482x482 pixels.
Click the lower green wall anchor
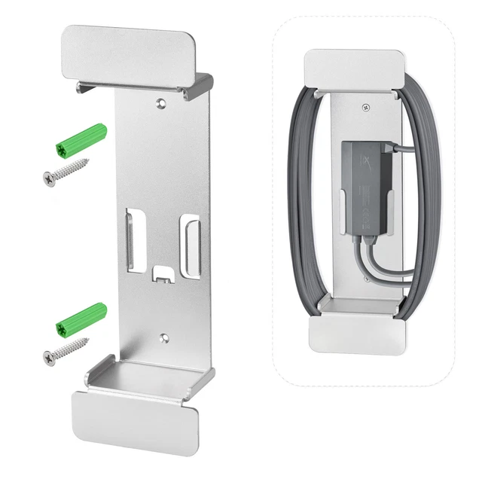coord(81,320)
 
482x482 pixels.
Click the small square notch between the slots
coord(161,272)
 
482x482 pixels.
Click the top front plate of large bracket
coord(127,50)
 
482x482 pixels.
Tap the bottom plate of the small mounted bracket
coord(356,331)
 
